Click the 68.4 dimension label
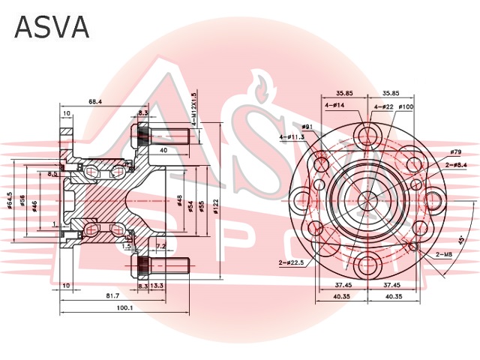(95, 100)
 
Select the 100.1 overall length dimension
(125, 307)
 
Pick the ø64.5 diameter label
(10, 200)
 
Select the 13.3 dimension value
(157, 286)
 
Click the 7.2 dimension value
(160, 245)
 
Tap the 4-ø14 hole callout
(334, 106)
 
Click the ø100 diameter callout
(406, 106)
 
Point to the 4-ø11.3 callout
(292, 137)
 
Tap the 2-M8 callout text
(444, 255)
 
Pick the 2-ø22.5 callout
(291, 262)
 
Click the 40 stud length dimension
(163, 150)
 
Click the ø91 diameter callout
(307, 127)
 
